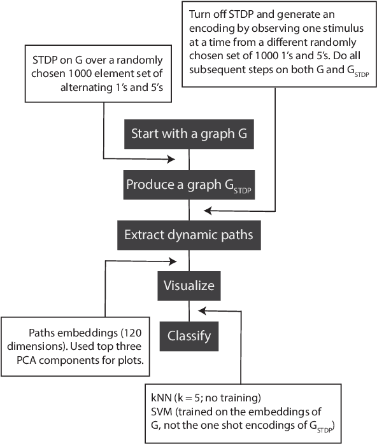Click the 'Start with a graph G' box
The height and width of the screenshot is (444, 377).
[x=190, y=134]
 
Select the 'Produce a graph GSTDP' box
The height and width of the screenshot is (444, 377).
[x=190, y=185]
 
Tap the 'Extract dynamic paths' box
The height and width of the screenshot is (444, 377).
[x=190, y=235]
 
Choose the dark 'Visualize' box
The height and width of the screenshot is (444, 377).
[x=190, y=285]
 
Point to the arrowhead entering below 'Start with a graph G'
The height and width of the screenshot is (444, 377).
[x=171, y=158]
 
